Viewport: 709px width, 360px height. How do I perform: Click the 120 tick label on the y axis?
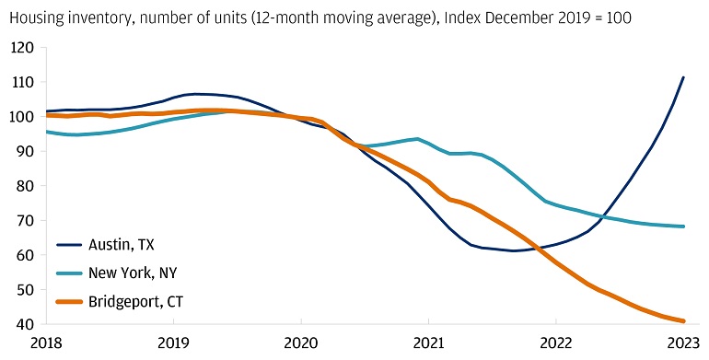[22, 48]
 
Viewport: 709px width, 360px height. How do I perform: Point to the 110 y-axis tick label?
[22, 82]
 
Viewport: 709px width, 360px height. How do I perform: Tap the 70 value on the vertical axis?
[26, 221]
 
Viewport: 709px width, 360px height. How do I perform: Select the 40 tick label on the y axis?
[26, 324]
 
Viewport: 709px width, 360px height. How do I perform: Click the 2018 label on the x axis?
[46, 343]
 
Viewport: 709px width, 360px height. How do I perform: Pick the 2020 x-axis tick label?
[301, 343]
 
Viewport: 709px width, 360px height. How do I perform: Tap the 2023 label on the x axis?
[683, 343]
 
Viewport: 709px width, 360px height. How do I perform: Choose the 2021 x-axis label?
[429, 343]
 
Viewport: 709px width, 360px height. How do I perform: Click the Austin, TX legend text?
[122, 245]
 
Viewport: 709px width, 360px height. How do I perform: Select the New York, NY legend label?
[133, 273]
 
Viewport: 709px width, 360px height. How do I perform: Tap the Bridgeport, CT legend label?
[135, 302]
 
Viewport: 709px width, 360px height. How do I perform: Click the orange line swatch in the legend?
[69, 302]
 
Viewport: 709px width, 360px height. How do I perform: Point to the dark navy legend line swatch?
[69, 245]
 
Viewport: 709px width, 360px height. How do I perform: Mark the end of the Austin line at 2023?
[683, 77]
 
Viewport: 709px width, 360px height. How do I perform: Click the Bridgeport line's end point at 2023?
[683, 321]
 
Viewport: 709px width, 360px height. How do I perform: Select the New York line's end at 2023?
[683, 226]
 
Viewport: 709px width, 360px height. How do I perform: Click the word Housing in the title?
[33, 18]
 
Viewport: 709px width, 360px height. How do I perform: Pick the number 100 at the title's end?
[620, 17]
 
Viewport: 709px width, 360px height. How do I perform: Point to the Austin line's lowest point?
[513, 250]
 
